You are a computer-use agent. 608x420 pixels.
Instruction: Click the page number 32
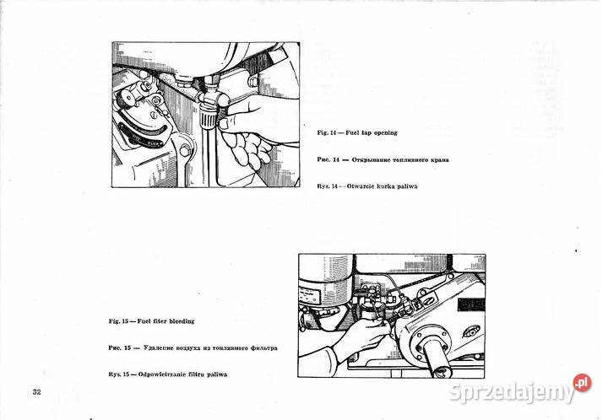click(36, 392)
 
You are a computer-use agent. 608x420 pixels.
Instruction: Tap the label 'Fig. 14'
click(327, 133)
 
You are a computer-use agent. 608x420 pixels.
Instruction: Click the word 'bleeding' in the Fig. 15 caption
click(178, 321)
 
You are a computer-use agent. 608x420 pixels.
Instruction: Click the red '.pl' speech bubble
click(582, 383)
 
